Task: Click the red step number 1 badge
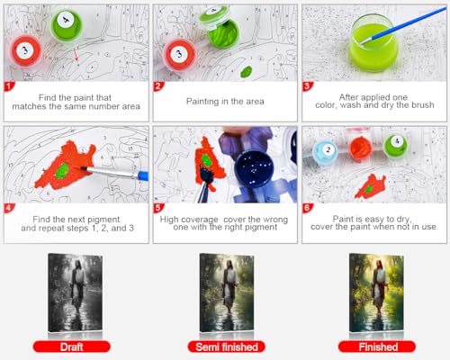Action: coord(9,86)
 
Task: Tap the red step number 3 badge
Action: coord(307,86)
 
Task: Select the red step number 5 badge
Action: coord(157,208)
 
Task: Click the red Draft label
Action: coord(72,346)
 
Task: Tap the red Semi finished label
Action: coord(227,346)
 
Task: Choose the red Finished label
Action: coord(377,346)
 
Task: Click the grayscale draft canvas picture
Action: coord(76,293)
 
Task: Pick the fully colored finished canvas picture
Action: coord(376,293)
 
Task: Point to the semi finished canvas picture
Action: coord(227,293)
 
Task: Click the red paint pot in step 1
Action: coord(25,51)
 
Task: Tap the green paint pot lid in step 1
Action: coord(67,23)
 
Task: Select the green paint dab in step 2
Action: coord(247,72)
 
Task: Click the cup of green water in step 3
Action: coord(373,43)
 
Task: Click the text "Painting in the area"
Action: coord(225,102)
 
